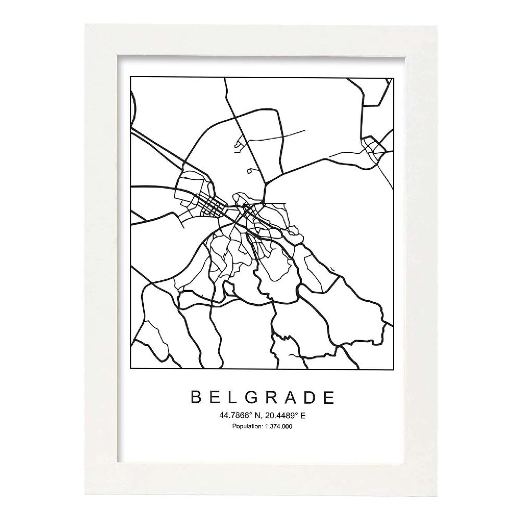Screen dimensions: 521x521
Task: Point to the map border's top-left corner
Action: coord(130,78)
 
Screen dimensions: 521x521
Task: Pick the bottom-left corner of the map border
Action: coord(130,368)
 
